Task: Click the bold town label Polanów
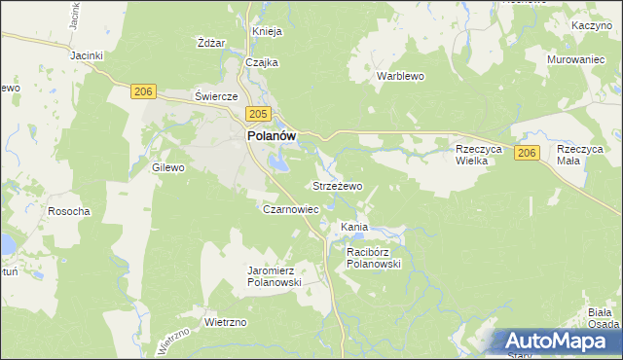click(270, 137)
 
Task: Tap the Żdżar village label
click(211, 43)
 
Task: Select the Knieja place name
click(267, 31)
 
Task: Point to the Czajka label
click(262, 62)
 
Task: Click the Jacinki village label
click(87, 55)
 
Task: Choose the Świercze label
click(216, 97)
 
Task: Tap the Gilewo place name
click(168, 167)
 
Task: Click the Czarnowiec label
click(291, 208)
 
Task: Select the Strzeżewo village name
click(337, 185)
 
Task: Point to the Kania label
click(353, 227)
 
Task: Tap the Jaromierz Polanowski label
click(275, 275)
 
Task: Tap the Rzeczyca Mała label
click(581, 155)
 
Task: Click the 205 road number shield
click(256, 115)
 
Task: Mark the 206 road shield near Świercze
click(143, 90)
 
